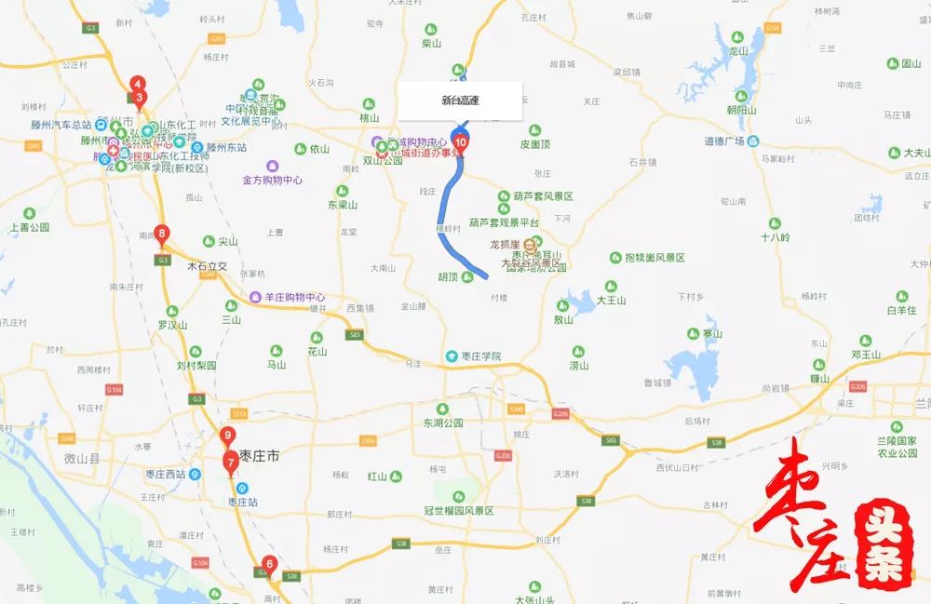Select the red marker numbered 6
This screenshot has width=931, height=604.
pyautogui.click(x=269, y=564)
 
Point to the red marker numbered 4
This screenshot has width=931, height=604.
pyautogui.click(x=137, y=84)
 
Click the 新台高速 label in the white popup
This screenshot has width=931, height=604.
pyautogui.click(x=460, y=101)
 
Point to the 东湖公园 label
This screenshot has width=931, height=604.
pyautogui.click(x=442, y=423)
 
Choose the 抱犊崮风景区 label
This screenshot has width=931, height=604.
pyautogui.click(x=654, y=257)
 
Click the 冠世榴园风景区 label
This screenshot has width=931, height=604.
pyautogui.click(x=458, y=510)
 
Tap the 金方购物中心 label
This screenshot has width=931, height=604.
pyautogui.click(x=272, y=180)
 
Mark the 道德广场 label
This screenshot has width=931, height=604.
pyautogui.click(x=723, y=141)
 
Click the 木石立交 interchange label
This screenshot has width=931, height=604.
pyautogui.click(x=207, y=265)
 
